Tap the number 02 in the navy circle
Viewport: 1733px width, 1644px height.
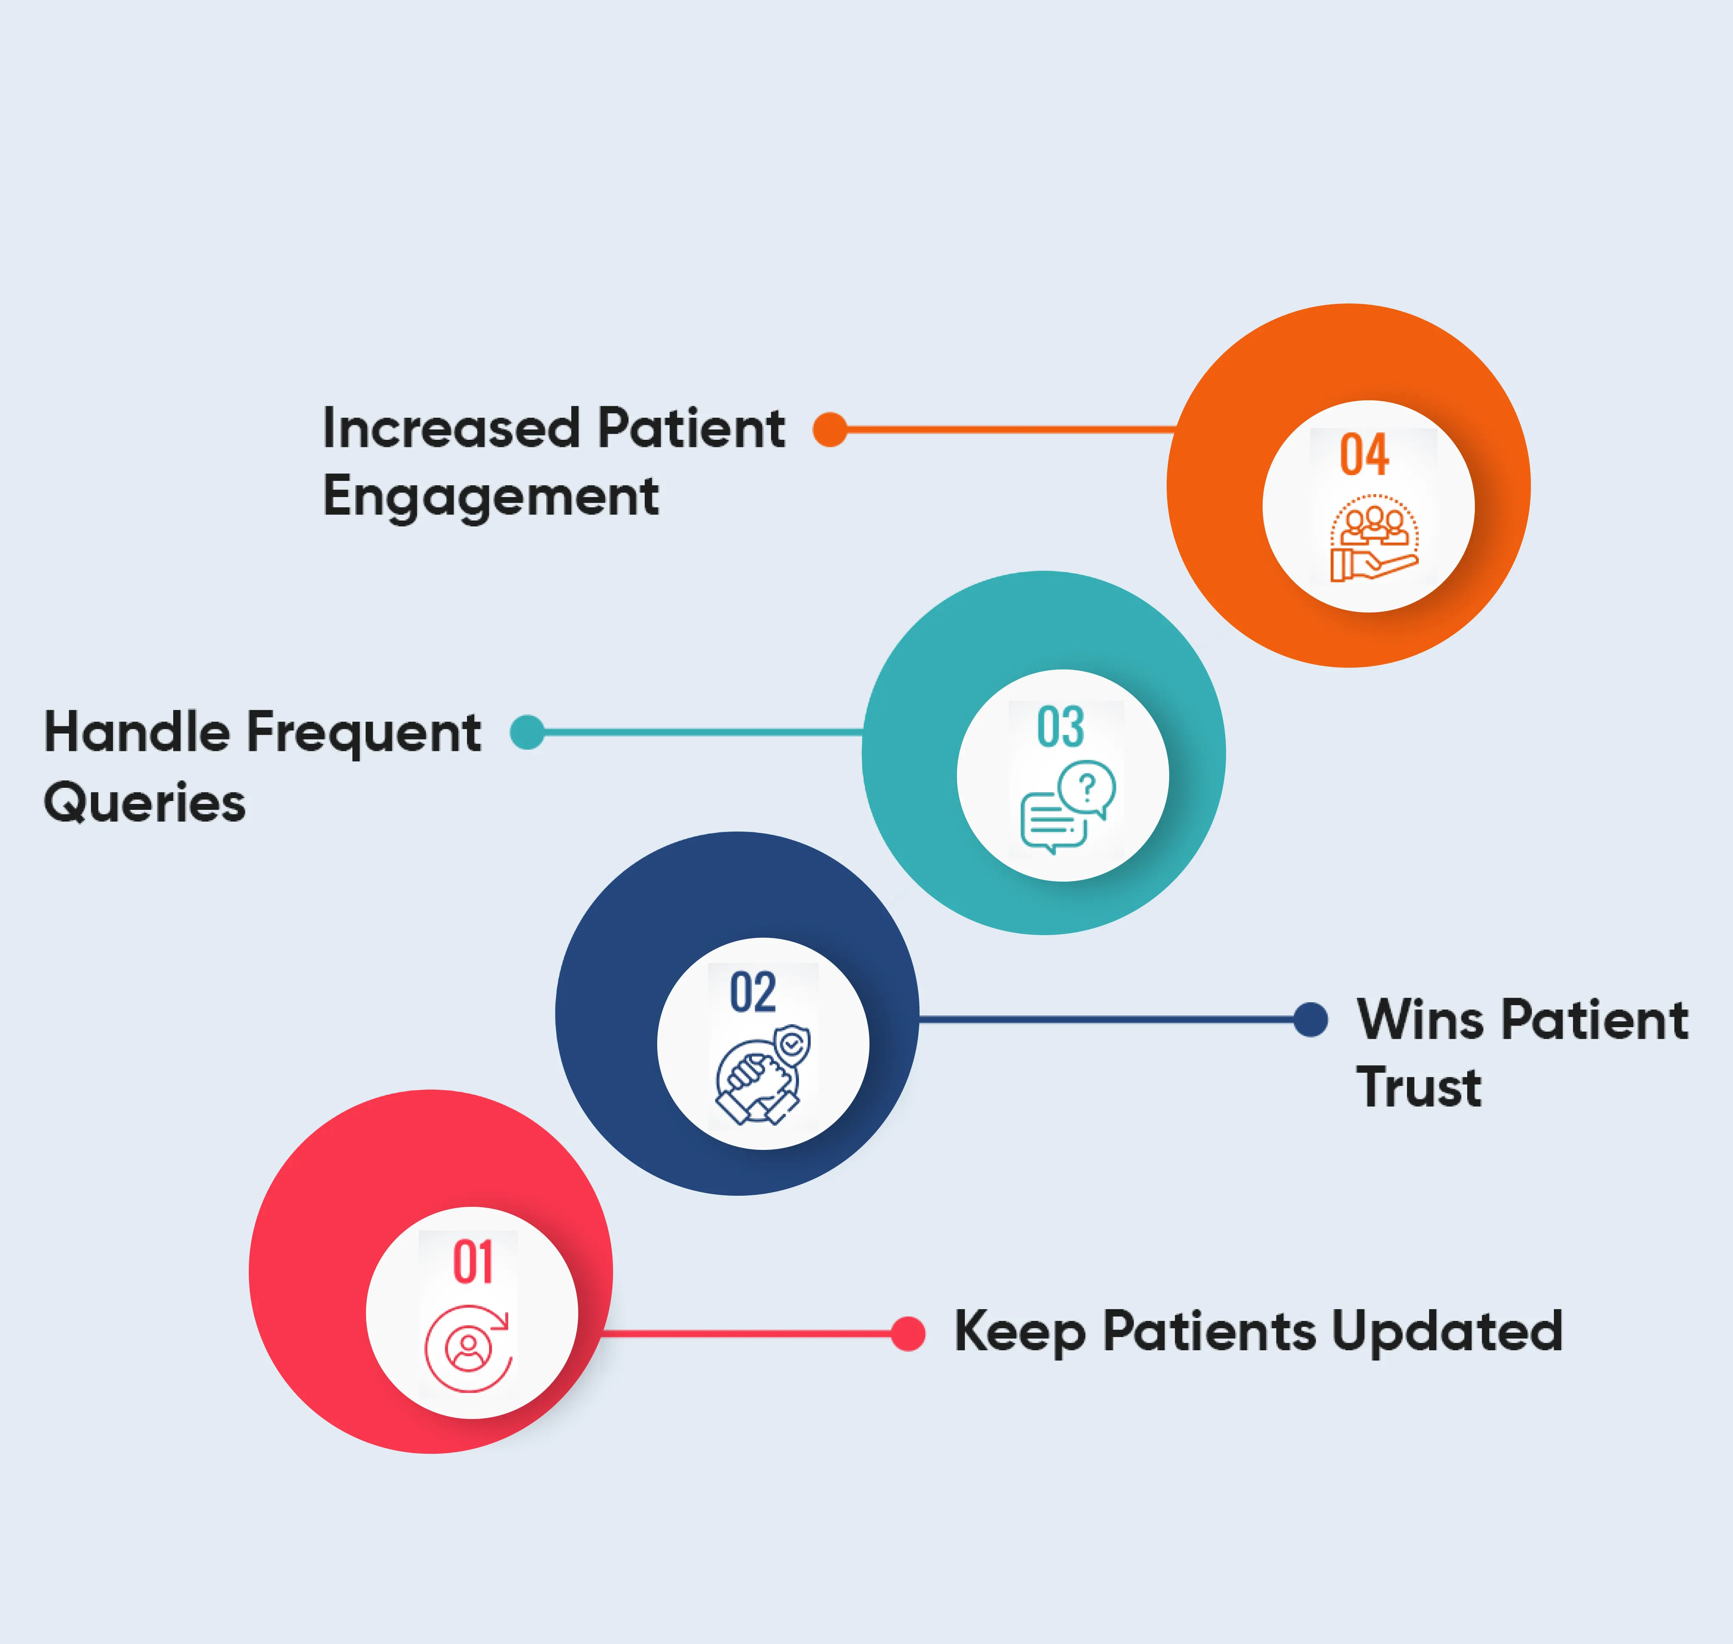(752, 993)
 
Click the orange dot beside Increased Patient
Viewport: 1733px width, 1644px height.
(829, 430)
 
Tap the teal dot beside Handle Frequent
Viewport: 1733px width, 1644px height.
(527, 732)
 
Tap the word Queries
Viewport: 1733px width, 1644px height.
(145, 803)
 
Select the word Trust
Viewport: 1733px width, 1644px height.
(1418, 1088)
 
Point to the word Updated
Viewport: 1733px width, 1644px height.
(1446, 1331)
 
